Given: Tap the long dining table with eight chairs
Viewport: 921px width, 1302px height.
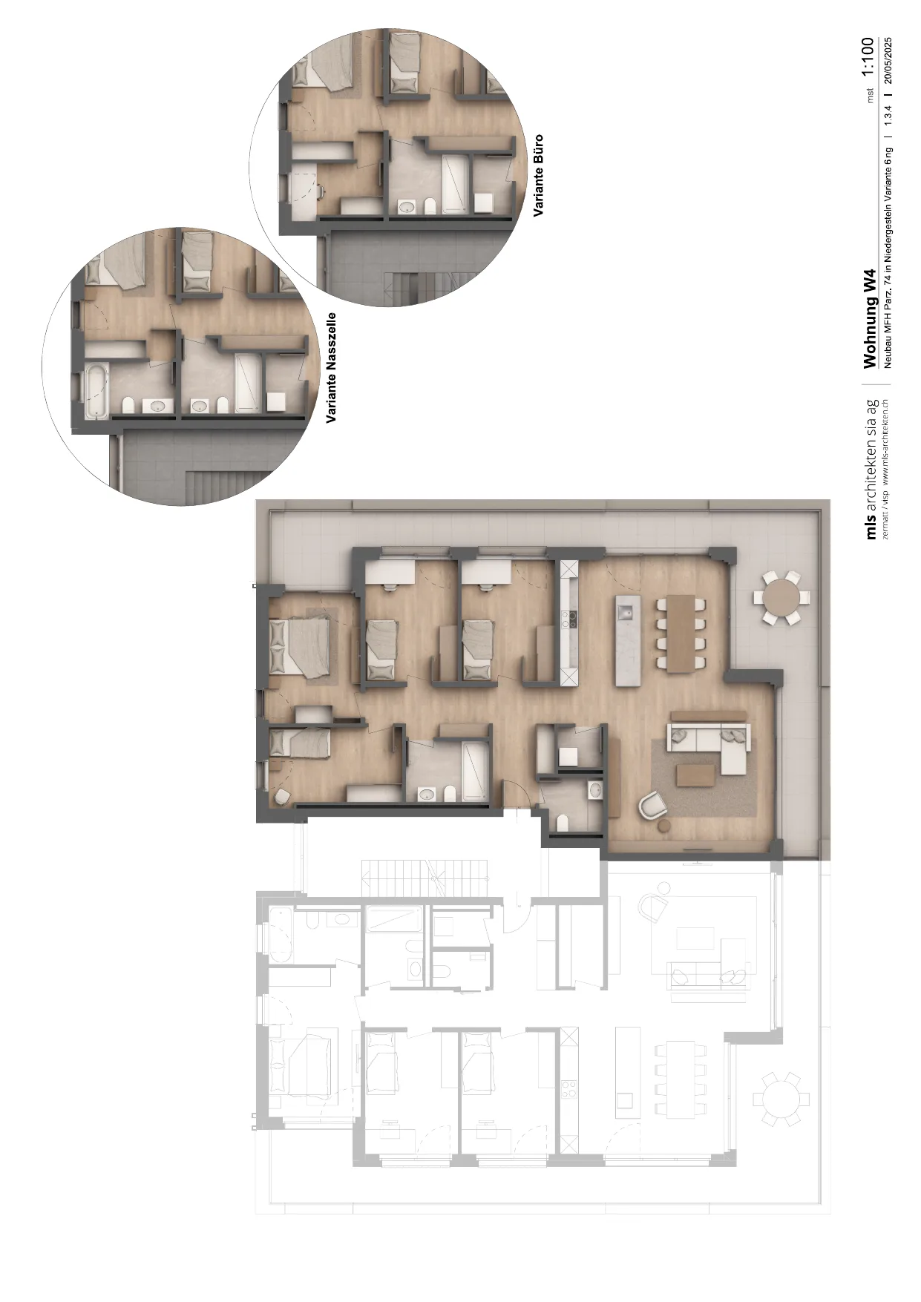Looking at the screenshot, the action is (678, 633).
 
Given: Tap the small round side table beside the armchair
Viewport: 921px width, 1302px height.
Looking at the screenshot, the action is (664, 825).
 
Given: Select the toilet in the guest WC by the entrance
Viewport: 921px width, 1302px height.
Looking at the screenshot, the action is (563, 822).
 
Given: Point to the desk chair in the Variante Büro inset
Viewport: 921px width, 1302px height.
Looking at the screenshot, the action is (321, 191).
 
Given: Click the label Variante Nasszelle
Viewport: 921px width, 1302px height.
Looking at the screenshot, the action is (332, 368).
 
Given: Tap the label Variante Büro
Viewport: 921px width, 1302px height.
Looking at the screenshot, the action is (538, 175).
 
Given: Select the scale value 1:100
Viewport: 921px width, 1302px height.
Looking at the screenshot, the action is (868, 58).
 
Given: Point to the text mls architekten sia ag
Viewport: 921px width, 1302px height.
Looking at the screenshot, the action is (872, 469).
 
